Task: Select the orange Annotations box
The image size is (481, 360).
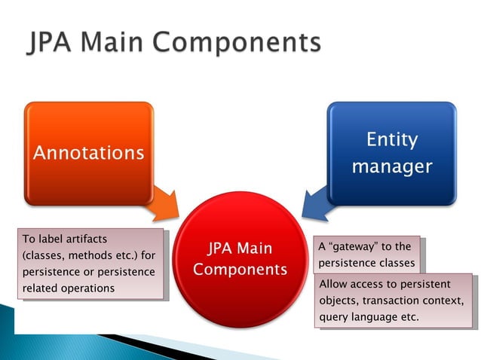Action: pos(88,153)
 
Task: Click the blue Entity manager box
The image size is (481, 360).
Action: pos(391,153)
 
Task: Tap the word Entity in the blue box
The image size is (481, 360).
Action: pos(391,140)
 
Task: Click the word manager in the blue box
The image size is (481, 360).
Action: pos(391,166)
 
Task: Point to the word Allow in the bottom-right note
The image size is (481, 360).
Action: pos(335,285)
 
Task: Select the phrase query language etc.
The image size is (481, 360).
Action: pos(369,317)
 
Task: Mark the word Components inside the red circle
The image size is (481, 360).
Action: pos(240,269)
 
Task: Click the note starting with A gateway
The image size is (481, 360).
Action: pos(366,255)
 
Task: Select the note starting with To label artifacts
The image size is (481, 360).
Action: pos(89,264)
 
